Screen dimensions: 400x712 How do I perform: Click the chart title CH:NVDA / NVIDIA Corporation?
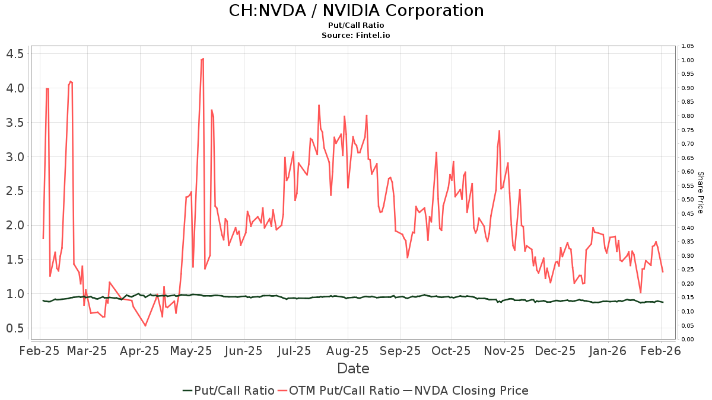coord(356,11)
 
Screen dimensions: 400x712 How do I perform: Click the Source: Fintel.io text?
coord(356,35)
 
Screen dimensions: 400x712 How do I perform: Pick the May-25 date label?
coord(191,350)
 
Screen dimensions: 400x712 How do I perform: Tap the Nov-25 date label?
coord(504,350)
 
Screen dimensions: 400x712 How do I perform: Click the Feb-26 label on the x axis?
coord(661,350)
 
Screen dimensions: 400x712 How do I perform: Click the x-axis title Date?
coord(353,369)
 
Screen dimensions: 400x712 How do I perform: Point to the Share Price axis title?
coord(700,193)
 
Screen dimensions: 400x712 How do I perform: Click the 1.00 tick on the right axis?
coord(688,60)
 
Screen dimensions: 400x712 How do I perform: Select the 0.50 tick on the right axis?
coord(688,200)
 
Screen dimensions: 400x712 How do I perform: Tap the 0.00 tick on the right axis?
coord(688,339)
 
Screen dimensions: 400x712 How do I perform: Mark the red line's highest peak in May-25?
coord(203,59)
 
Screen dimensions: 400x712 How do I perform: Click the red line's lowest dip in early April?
coord(145,325)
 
